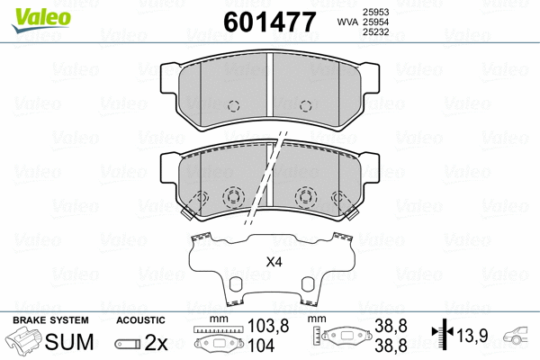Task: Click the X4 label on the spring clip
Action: (x=274, y=263)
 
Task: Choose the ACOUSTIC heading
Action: (x=140, y=319)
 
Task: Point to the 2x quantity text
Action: (x=156, y=342)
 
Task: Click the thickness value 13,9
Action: (x=472, y=336)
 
